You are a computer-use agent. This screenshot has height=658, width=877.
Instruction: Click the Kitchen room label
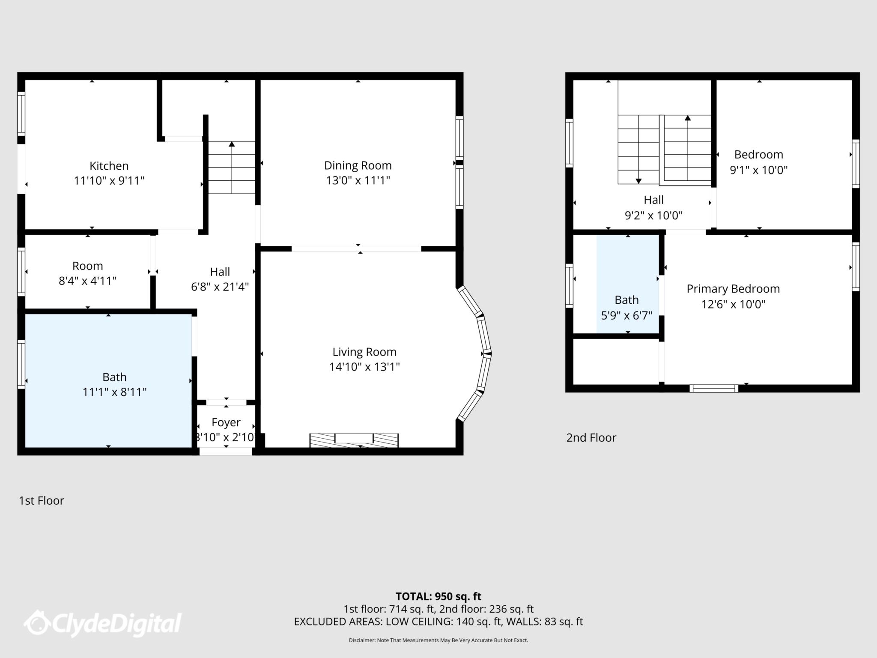109,166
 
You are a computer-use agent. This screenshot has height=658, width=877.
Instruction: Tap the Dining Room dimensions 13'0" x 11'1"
358,180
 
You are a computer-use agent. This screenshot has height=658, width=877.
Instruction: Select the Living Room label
364,352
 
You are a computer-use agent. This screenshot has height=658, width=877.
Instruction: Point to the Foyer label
226,422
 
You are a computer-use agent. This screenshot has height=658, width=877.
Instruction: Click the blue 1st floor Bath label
114,377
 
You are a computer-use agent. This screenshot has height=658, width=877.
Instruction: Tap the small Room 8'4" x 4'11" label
87,273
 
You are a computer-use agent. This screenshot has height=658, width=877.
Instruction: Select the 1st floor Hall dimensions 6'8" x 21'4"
220,287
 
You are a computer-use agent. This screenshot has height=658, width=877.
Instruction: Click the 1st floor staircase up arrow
232,145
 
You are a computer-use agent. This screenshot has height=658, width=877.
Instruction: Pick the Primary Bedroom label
733,289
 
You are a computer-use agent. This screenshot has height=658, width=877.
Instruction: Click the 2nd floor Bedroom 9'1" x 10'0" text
758,162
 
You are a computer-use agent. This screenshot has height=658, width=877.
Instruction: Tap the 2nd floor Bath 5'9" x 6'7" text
626,308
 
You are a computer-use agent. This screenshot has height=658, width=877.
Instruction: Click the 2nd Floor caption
591,437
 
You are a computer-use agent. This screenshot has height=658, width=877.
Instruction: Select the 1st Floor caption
42,500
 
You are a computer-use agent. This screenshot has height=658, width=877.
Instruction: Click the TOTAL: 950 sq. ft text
438,596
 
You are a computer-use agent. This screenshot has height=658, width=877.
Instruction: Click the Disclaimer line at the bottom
438,640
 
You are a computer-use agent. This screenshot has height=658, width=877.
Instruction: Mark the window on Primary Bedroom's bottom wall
713,389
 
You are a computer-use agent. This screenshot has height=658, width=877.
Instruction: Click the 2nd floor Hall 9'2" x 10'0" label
653,207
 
